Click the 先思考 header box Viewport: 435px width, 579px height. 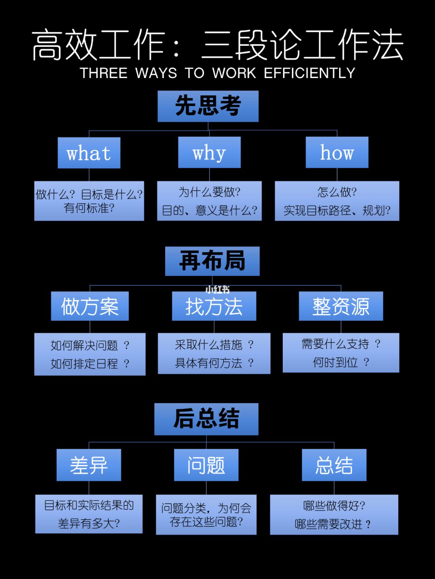pyautogui.click(x=208, y=106)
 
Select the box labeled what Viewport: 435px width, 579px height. pyautogui.click(x=89, y=153)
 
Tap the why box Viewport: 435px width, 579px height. pyautogui.click(x=209, y=152)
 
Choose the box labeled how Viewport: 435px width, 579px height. pyautogui.click(x=337, y=152)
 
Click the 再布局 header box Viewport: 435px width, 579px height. pyautogui.click(x=212, y=261)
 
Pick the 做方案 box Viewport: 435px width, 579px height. pyautogui.click(x=90, y=306)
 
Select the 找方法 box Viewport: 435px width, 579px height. pyautogui.click(x=214, y=306)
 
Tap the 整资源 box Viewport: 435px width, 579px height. pyautogui.click(x=341, y=306)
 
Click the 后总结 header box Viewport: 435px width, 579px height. pyautogui.click(x=206, y=419)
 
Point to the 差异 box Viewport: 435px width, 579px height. pyautogui.click(x=89, y=465)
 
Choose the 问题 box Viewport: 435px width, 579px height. pyautogui.click(x=206, y=465)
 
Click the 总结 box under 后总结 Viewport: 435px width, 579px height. pyautogui.click(x=334, y=465)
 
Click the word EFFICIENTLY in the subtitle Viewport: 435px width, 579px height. pyautogui.click(x=309, y=73)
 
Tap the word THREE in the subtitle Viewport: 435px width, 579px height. pyautogui.click(x=104, y=73)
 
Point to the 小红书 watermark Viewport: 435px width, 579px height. pyautogui.click(x=217, y=289)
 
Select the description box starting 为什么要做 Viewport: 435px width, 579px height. pyautogui.click(x=209, y=201)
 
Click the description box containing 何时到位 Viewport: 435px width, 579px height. pyautogui.click(x=341, y=353)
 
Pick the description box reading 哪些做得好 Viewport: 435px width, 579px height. pyautogui.click(x=334, y=515)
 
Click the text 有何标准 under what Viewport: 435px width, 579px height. pyautogui.click(x=89, y=208)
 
